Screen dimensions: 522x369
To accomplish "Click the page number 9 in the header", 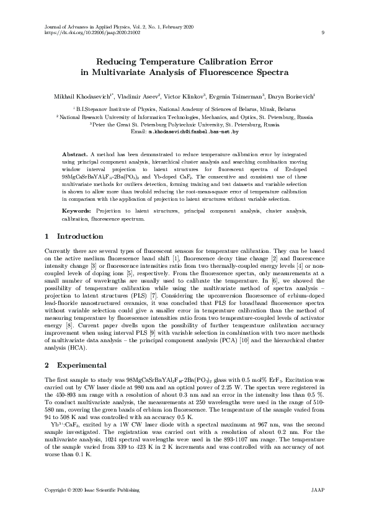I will point(323,33).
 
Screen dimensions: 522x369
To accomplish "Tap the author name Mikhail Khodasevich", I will point(80,97).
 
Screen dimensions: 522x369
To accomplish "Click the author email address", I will point(193,132).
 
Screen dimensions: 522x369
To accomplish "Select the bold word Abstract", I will point(76,153).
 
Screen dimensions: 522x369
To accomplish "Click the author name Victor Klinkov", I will point(186,97).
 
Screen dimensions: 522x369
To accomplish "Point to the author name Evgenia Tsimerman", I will point(239,97).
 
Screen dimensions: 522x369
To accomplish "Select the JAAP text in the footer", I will point(316,490).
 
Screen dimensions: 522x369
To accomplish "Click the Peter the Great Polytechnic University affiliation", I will point(185,124).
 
